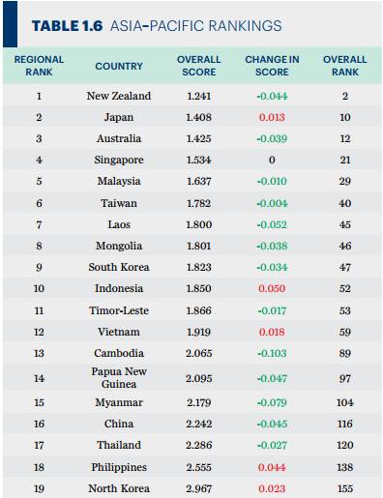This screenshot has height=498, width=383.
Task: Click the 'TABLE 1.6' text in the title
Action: pos(67,26)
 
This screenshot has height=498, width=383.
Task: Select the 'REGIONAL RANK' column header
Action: pos(39,66)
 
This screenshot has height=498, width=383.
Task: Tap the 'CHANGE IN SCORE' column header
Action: pos(272,66)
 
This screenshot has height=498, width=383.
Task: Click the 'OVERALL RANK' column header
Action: pos(345,66)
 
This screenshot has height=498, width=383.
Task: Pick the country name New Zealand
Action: pos(119,96)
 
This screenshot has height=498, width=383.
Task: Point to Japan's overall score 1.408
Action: pos(199,117)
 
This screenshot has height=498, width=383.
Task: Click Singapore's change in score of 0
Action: pos(272,160)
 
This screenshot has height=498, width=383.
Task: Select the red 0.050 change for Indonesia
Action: pos(272,288)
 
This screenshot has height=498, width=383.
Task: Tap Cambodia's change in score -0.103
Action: pos(272,353)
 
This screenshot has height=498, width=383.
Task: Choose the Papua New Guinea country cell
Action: pos(119,378)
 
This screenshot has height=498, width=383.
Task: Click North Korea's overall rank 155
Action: pos(345,488)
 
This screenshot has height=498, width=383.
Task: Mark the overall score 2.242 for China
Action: pos(199,424)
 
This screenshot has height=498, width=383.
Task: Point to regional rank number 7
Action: pos(39,224)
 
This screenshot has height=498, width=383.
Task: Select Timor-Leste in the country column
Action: pos(119,310)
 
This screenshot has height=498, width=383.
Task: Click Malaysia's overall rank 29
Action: pos(345,181)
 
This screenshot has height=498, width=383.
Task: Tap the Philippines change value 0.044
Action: pos(272,467)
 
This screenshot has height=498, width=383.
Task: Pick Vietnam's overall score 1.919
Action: pos(199,332)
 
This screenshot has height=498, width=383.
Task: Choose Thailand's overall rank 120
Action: pos(345,445)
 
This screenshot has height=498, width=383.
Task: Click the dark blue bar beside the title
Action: pos(11,24)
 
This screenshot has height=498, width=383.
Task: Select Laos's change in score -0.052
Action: pos(272,224)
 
